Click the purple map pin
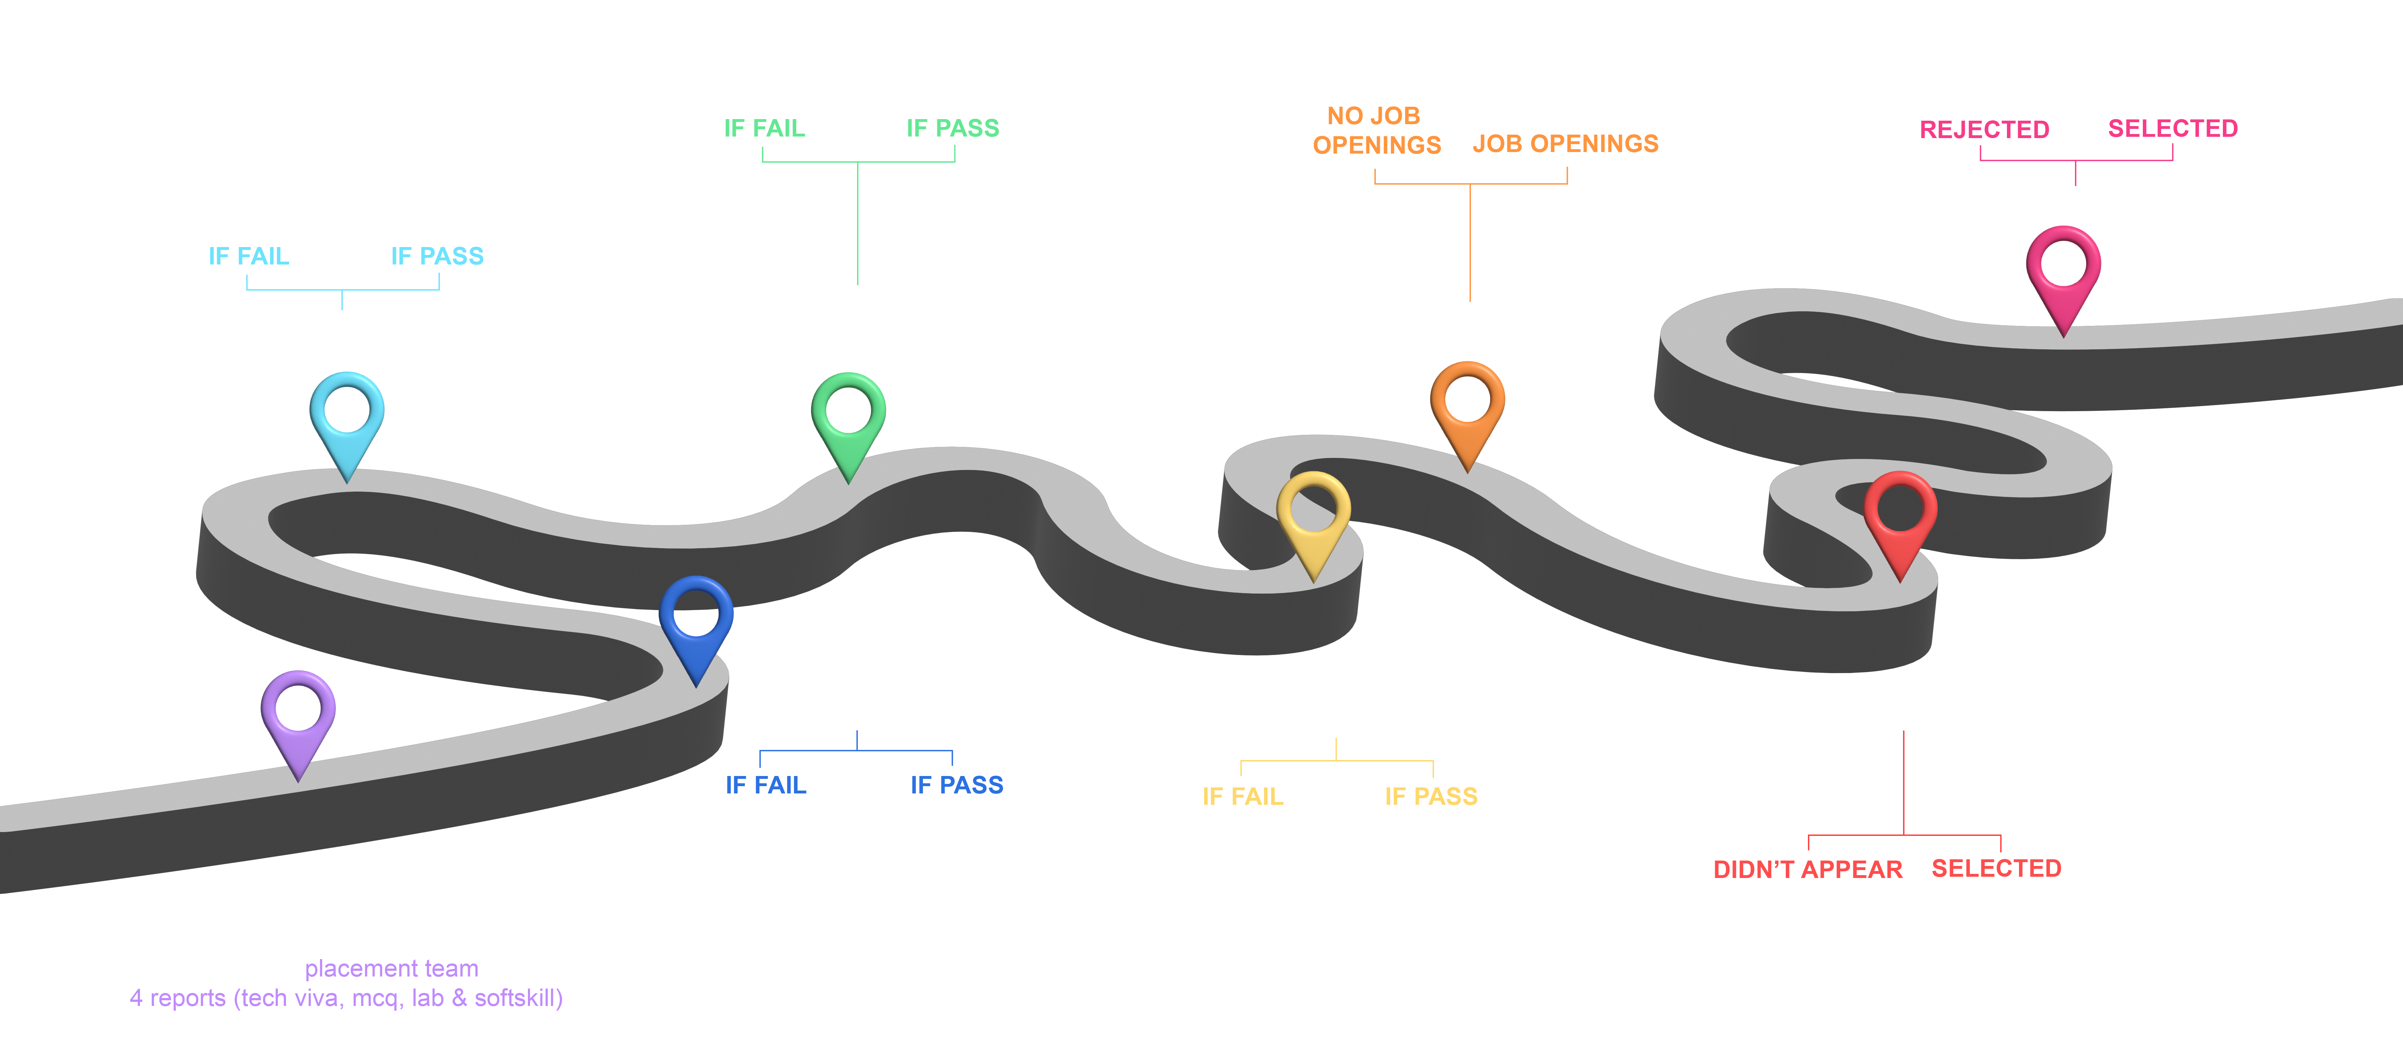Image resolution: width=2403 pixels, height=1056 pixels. pos(298,714)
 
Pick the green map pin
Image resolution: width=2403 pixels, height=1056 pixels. pos(848,416)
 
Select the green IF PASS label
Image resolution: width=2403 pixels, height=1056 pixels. pos(952,129)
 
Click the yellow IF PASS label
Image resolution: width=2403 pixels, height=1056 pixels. pos(1431,797)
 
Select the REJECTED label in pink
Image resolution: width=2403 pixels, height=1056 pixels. pos(1984,130)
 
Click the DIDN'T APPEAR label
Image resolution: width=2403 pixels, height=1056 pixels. pos(1807,869)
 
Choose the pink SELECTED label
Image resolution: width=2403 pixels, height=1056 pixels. pos(2173,129)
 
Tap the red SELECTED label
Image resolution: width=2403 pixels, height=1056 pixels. pos(1995,868)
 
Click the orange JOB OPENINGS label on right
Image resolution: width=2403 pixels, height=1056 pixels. pos(1565,144)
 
